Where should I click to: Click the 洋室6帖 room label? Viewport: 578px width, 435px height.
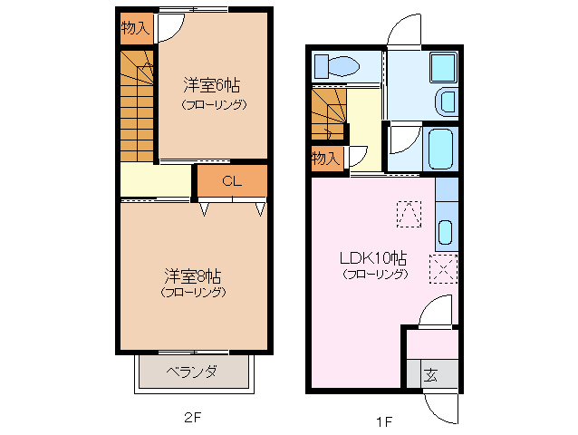point(211,86)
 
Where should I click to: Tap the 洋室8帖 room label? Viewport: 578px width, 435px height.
point(193,275)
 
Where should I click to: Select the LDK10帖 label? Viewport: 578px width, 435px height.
point(373,257)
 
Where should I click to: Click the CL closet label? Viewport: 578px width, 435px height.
point(232,181)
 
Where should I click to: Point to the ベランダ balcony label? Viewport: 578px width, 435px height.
point(192,372)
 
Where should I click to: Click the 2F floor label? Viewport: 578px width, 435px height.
point(192,418)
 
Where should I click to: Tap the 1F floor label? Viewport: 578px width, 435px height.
point(384,420)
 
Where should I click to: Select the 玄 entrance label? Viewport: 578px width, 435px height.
point(431,373)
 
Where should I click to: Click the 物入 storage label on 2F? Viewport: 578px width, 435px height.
point(137,27)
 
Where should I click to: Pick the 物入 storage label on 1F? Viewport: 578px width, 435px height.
point(325,158)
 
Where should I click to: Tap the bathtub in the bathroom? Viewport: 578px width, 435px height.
point(441,148)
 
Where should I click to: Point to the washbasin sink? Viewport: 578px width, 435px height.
point(447,101)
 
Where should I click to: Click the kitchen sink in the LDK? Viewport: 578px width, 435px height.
point(445,233)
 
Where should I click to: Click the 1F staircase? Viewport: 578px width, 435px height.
point(328,113)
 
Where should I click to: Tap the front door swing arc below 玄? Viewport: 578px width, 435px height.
point(441,408)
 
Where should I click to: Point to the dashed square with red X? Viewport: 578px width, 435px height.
point(444,269)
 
